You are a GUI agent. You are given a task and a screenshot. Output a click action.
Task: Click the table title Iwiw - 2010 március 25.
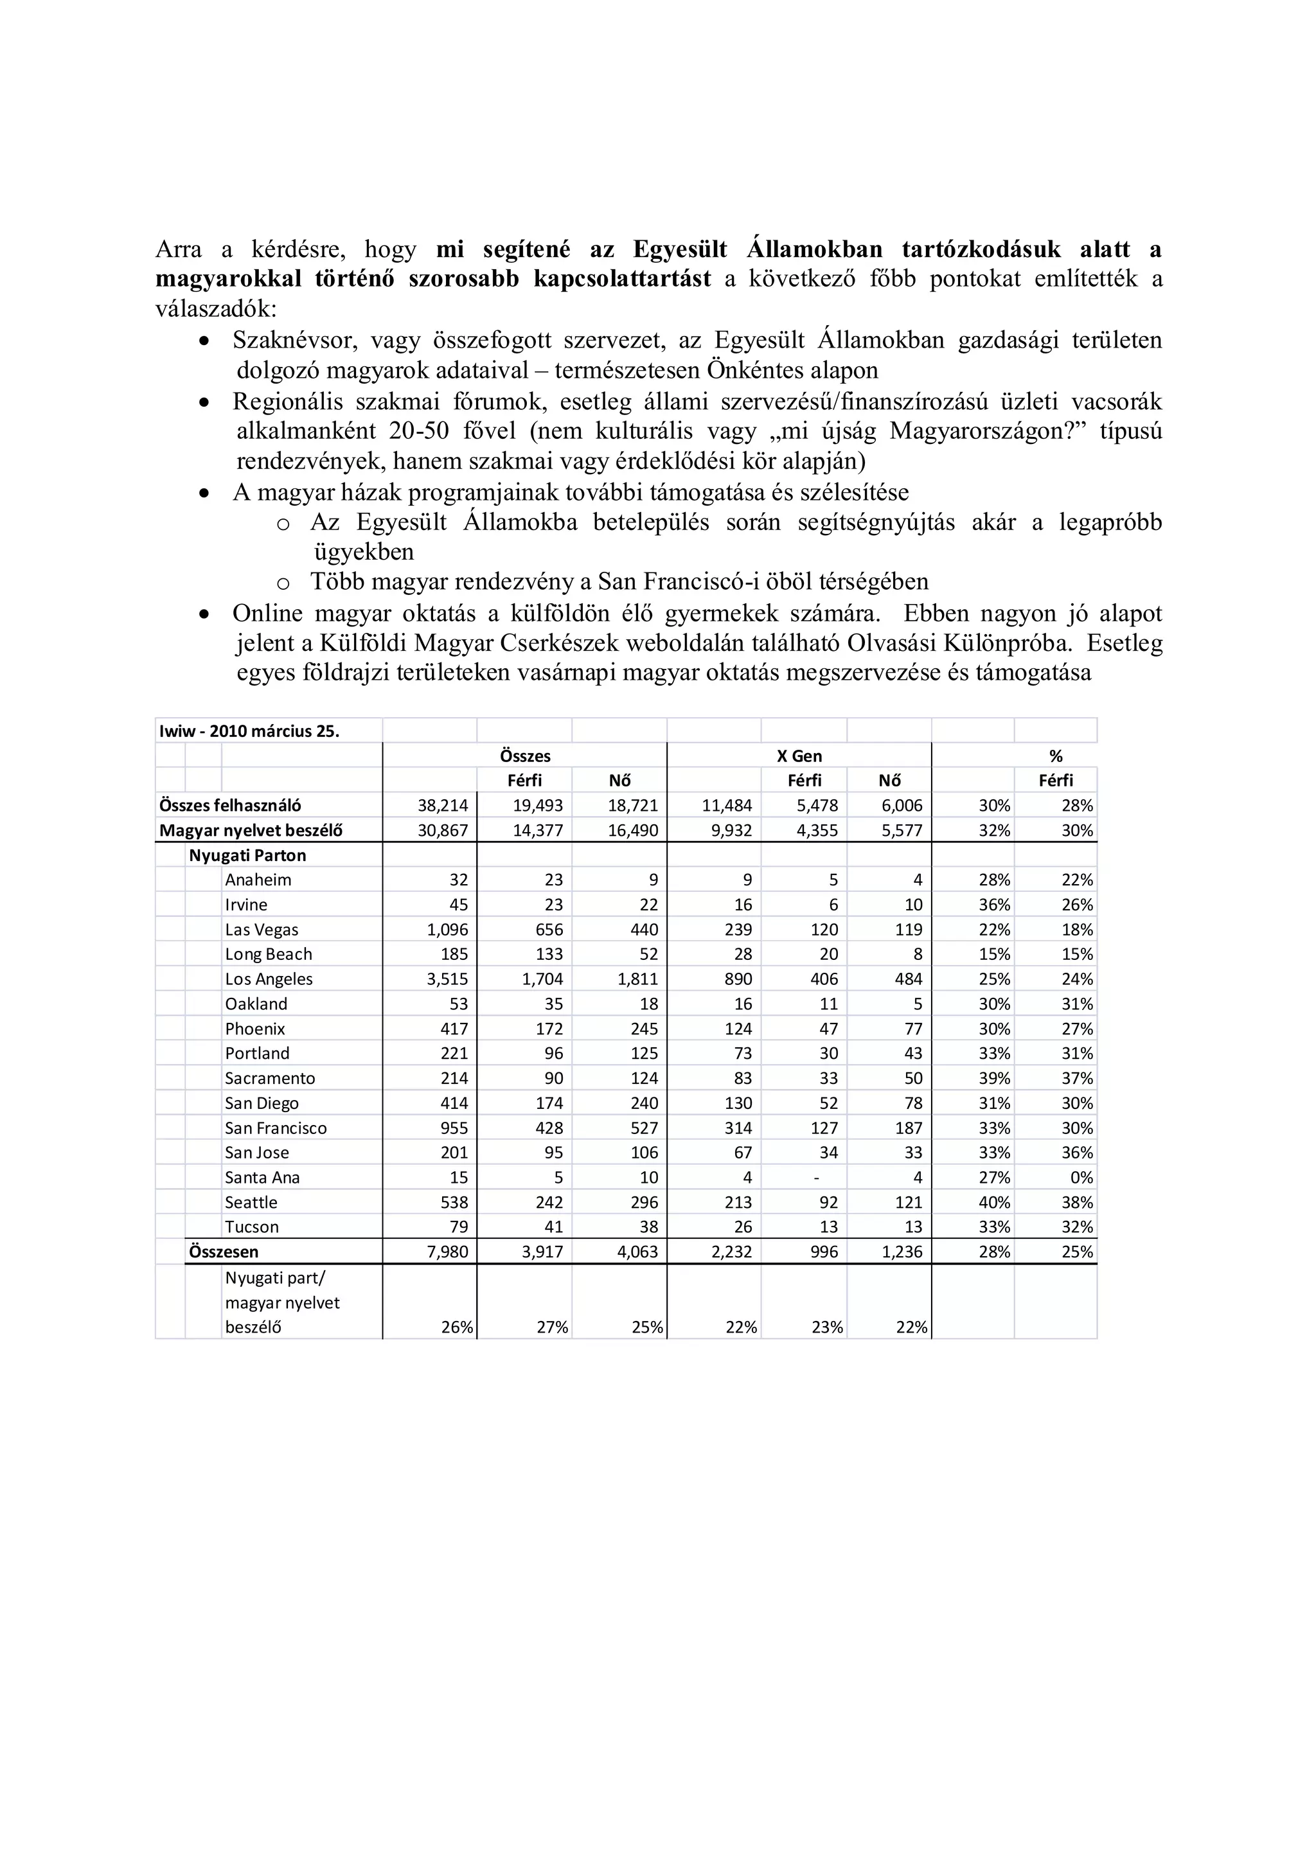(x=249, y=731)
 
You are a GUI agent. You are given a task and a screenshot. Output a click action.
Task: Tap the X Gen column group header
(x=799, y=756)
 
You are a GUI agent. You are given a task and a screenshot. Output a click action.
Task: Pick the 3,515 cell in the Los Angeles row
(x=448, y=979)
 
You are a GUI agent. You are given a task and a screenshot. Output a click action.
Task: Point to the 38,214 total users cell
(x=443, y=805)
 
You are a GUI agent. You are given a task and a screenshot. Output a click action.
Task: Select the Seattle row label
(x=251, y=1202)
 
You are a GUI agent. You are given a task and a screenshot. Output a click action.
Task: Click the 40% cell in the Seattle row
(x=993, y=1202)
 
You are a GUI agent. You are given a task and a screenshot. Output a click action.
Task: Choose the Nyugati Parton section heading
(x=247, y=855)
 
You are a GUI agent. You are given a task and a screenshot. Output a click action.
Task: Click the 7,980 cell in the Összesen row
(x=448, y=1252)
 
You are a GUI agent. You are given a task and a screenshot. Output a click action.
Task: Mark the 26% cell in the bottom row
(x=456, y=1327)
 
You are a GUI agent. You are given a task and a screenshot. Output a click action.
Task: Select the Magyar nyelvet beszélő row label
(x=251, y=830)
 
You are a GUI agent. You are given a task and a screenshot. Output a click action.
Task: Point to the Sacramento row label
(x=270, y=1077)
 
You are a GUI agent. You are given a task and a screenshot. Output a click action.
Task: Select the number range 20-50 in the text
(x=418, y=430)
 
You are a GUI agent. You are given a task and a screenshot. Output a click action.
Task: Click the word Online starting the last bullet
(x=267, y=613)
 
